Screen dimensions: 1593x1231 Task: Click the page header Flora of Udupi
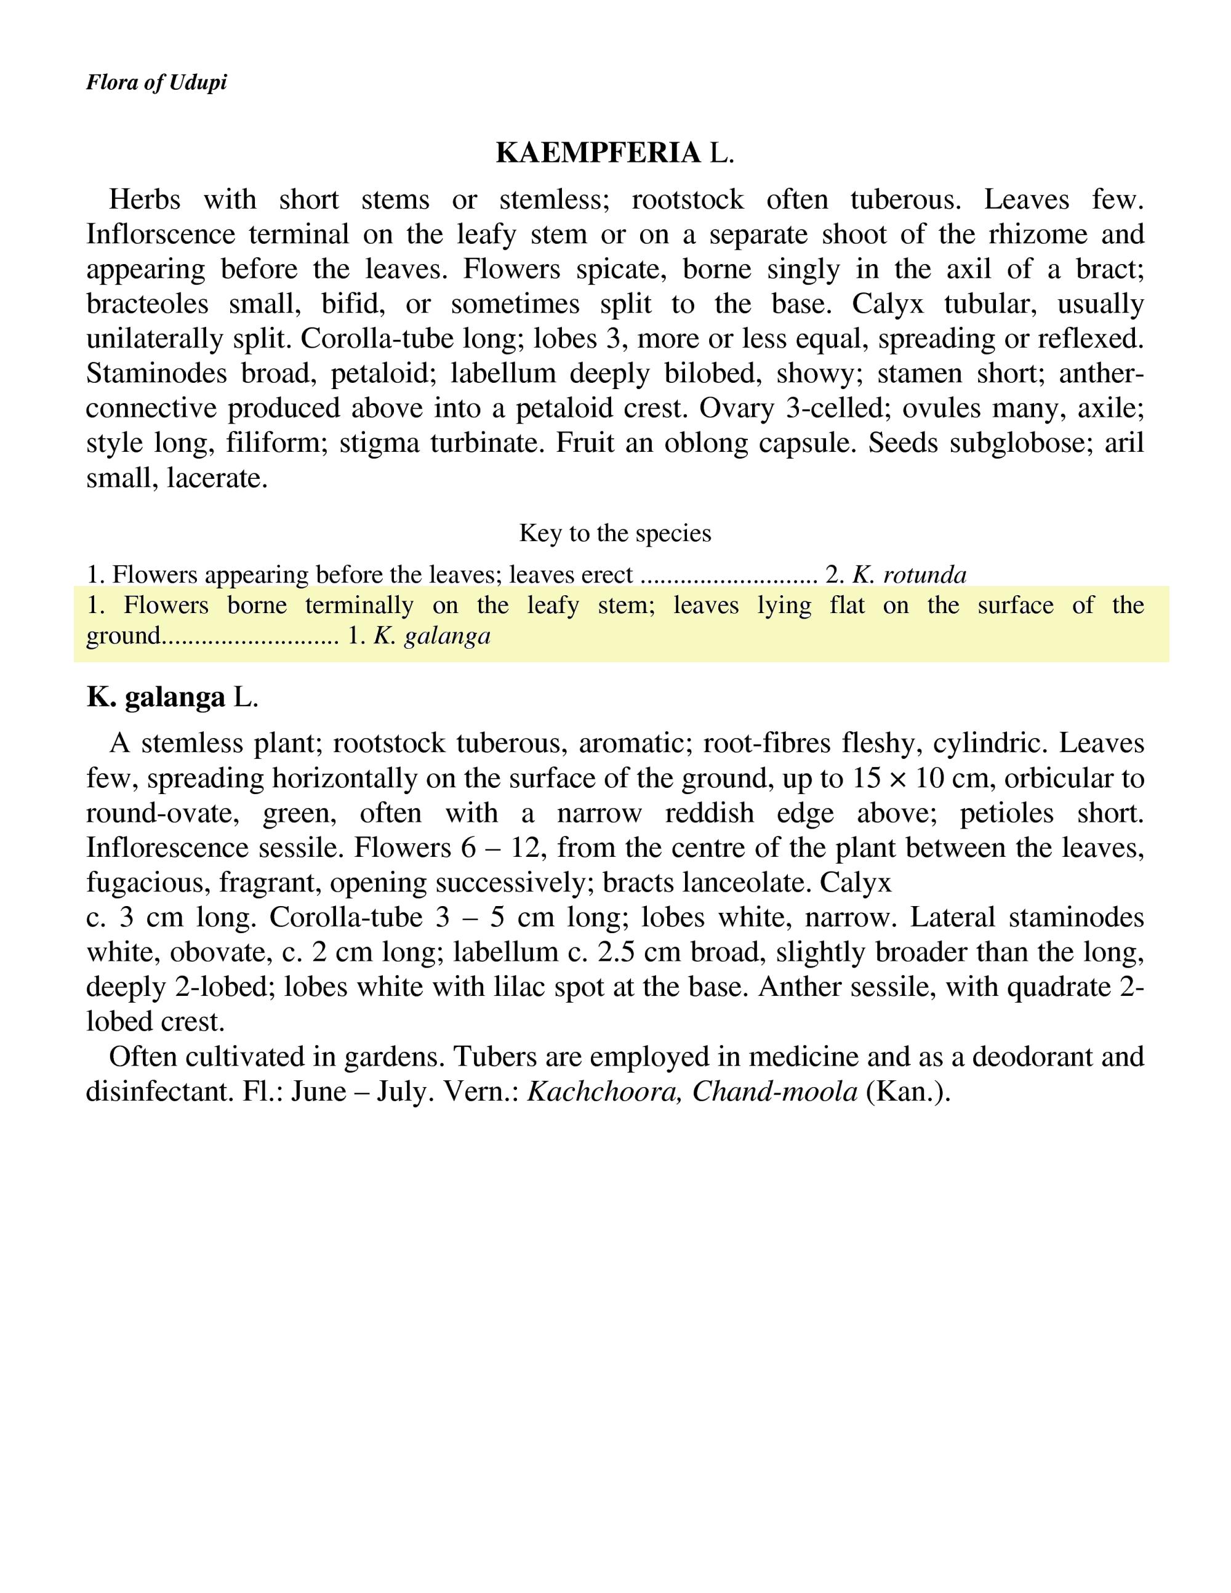tap(156, 82)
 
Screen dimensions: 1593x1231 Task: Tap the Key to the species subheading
tap(615, 533)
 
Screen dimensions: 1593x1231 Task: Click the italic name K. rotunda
tap(909, 575)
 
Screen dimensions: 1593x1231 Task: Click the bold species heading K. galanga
tap(155, 698)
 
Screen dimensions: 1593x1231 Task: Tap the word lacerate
tap(218, 478)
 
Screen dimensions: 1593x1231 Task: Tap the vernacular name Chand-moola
tap(774, 1091)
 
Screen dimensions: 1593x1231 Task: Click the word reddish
tap(709, 813)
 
